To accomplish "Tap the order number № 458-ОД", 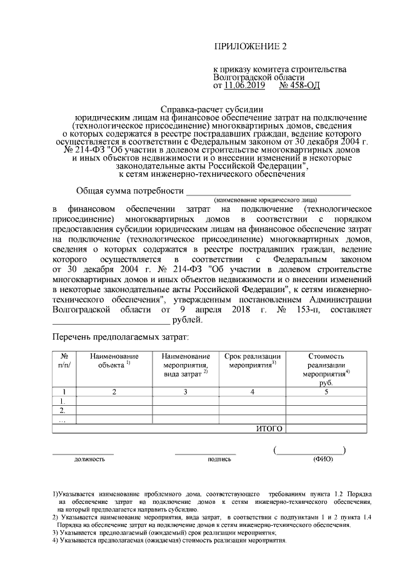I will [299, 85].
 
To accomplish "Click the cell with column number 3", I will [186, 392].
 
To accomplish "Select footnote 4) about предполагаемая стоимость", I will [169, 541].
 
